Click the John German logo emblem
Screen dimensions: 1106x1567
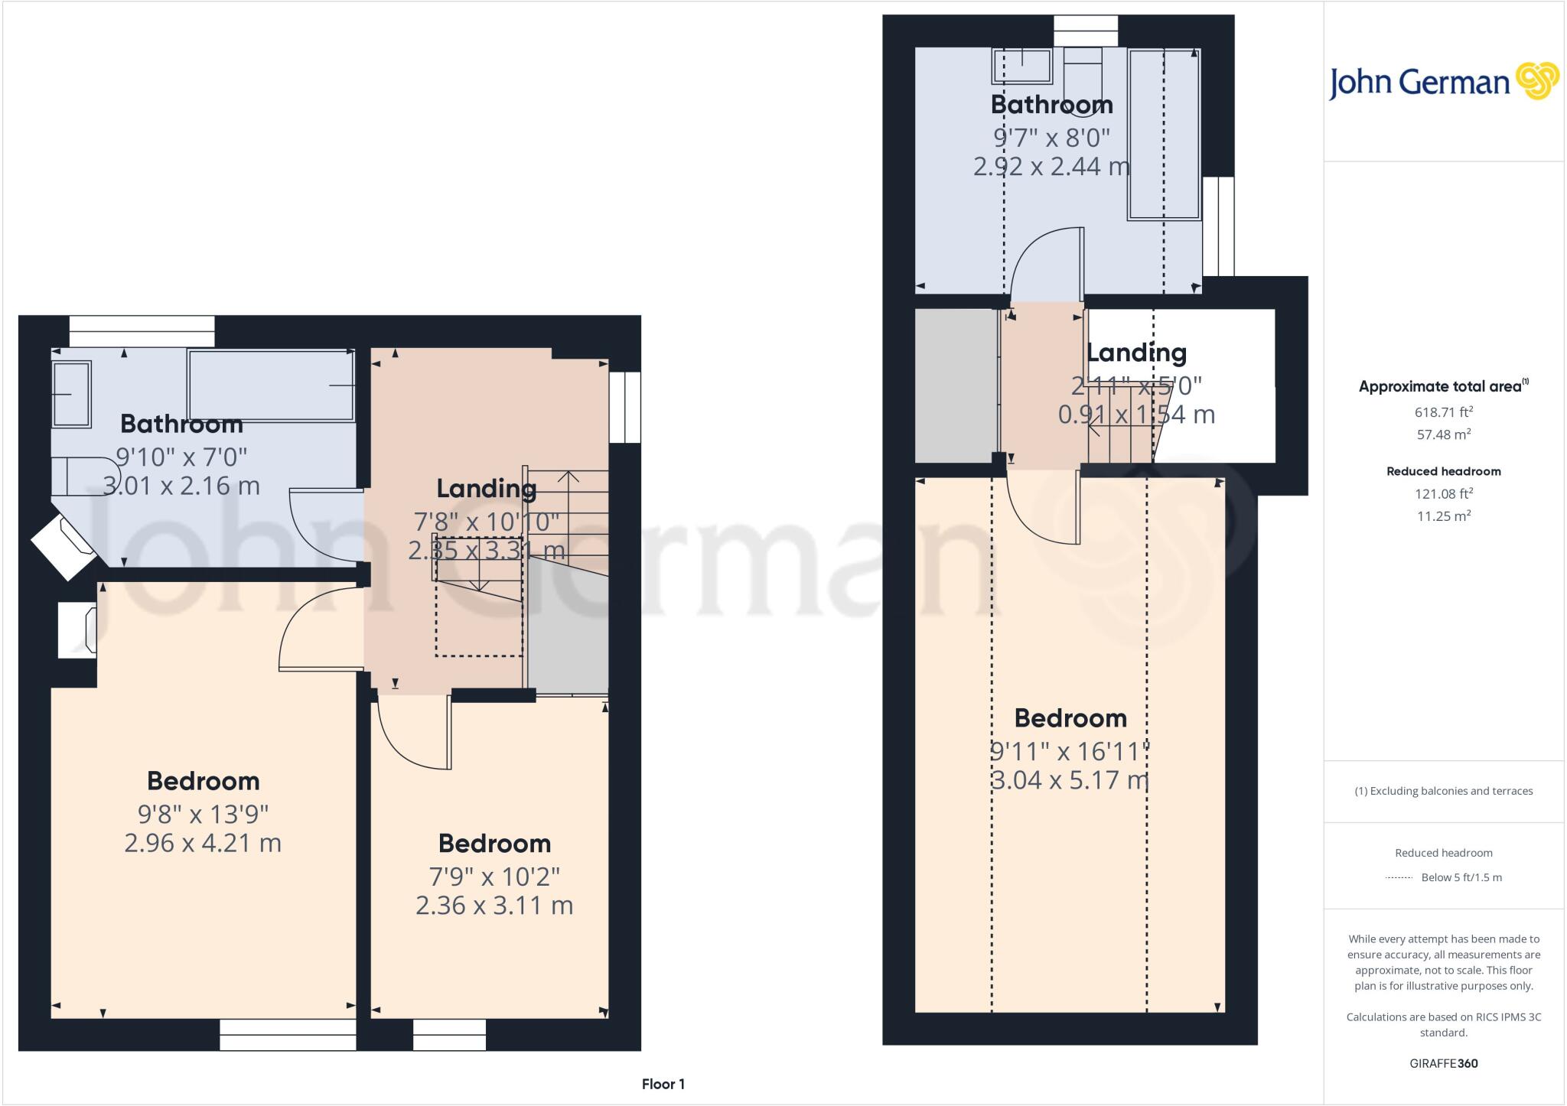tap(1536, 81)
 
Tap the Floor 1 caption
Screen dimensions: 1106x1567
tap(663, 1084)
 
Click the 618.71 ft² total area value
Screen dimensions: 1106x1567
tap(1443, 412)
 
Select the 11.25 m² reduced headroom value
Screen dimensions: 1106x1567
tap(1443, 516)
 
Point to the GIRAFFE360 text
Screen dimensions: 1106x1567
tap(1443, 1063)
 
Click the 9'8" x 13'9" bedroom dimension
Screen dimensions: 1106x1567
tap(203, 814)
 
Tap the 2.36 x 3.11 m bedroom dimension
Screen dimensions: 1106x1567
tap(494, 906)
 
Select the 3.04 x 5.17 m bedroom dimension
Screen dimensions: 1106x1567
tap(1070, 780)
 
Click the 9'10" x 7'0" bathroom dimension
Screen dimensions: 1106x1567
tap(181, 457)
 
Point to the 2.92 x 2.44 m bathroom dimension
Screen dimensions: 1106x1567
tap(1051, 166)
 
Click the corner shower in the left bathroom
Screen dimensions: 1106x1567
tap(65, 545)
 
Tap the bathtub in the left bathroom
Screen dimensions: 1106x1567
tap(272, 385)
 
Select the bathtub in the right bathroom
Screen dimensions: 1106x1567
tap(1163, 134)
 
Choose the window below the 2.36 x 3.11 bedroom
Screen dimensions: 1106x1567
tap(449, 1034)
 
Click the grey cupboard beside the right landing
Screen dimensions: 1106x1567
tap(956, 385)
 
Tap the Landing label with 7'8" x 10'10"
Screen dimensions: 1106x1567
tap(486, 489)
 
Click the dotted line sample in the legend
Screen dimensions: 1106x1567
tap(1399, 878)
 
